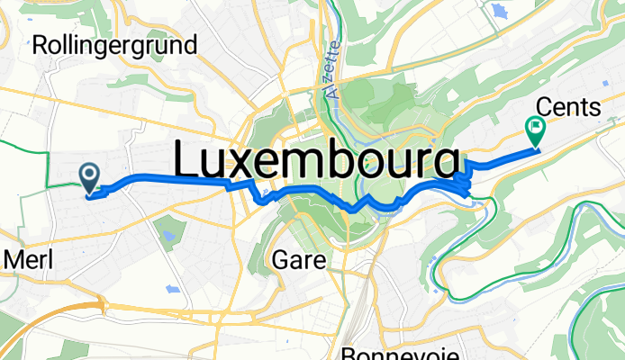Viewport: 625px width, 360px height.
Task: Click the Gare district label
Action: (x=293, y=259)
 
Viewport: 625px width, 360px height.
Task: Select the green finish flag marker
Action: (x=535, y=131)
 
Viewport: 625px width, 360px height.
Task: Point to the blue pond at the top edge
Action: (x=498, y=12)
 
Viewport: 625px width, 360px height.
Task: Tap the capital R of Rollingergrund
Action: (x=39, y=45)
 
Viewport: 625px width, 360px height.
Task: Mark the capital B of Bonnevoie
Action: (x=349, y=352)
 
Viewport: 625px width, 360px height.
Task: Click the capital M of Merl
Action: (x=13, y=260)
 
